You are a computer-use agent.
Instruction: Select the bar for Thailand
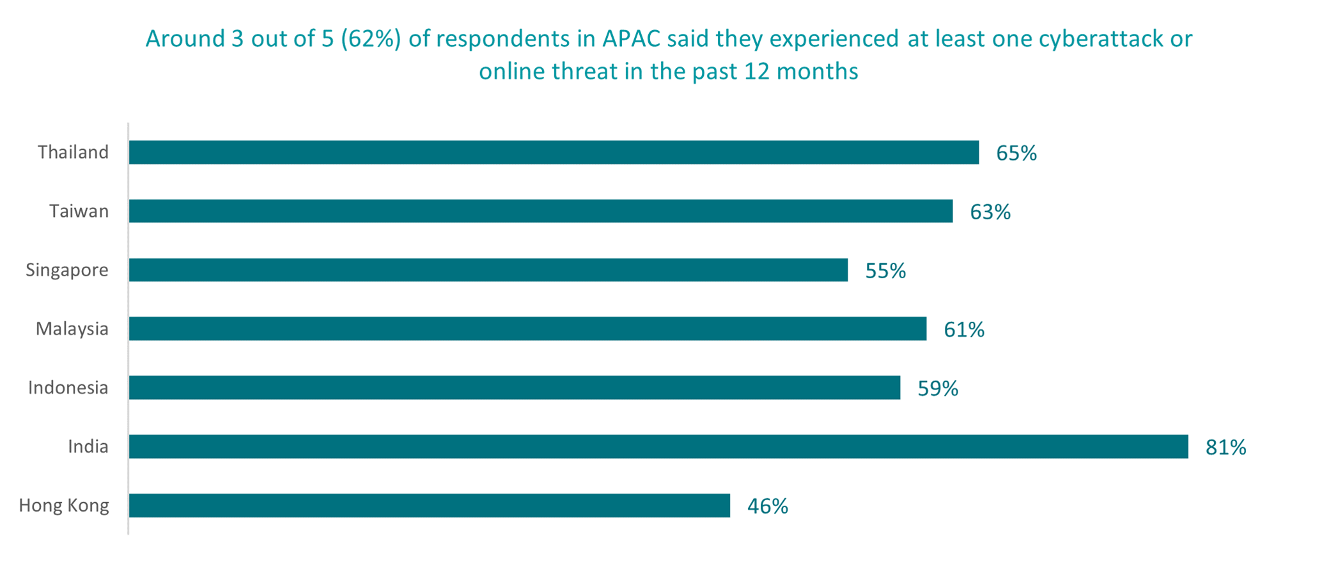coord(554,152)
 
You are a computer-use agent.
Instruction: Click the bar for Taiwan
coord(541,211)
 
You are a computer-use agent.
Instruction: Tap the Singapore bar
coord(488,270)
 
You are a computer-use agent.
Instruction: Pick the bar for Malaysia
coord(527,329)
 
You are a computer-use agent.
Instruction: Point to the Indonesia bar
coord(515,388)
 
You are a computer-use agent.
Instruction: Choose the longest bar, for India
coord(658,446)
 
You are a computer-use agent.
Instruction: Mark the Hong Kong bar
coord(430,505)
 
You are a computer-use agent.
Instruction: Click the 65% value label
coord(1016,153)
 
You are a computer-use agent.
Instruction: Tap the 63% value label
coord(990,212)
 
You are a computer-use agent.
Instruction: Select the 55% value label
coord(885,271)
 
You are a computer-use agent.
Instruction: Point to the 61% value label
coord(963,330)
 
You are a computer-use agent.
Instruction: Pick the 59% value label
coord(937,389)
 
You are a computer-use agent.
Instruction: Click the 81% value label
coord(1225,448)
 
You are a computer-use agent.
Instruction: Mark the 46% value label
coord(767,507)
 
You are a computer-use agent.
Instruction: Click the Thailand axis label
coord(73,152)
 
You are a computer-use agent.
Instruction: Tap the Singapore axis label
coord(67,270)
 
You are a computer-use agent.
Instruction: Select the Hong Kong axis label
coord(64,505)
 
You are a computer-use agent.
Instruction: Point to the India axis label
coord(88,446)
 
